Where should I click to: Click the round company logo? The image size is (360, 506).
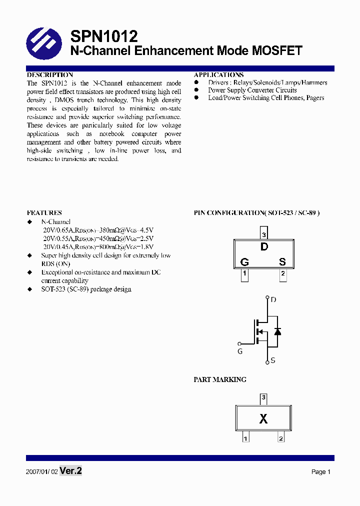(44, 43)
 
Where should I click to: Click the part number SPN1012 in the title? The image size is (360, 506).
(104, 36)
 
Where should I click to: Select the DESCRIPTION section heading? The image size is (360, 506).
(49, 74)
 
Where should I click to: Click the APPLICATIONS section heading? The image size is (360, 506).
(218, 74)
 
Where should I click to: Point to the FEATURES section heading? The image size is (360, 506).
(44, 212)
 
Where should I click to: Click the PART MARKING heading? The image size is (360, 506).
(219, 379)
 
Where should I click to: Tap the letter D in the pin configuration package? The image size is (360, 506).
(264, 246)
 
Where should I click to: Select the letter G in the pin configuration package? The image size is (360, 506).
(244, 261)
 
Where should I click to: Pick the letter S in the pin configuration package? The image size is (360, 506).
(282, 261)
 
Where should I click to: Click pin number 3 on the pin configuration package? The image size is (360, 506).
(264, 234)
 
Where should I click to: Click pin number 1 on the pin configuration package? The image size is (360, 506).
(244, 273)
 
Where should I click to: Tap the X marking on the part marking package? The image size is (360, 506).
(263, 419)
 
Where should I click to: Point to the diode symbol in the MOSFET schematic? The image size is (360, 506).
(277, 331)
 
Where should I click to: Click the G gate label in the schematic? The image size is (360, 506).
(240, 351)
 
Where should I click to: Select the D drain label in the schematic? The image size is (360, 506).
(273, 300)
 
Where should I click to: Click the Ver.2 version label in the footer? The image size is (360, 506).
(70, 470)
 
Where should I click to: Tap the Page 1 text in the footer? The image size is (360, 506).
(321, 471)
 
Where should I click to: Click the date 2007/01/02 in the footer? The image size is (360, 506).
(41, 471)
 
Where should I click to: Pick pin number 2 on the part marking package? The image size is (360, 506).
(281, 438)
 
